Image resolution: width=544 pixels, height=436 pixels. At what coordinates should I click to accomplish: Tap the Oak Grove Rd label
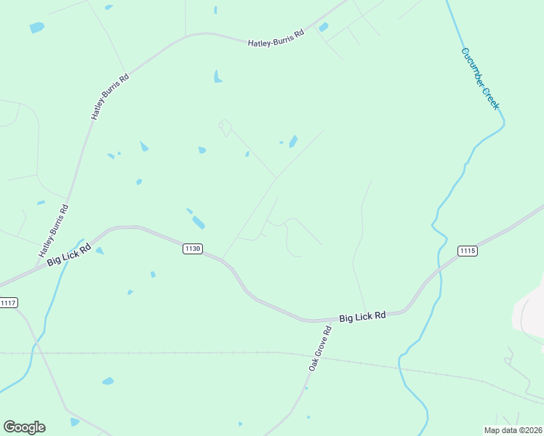[x=320, y=349]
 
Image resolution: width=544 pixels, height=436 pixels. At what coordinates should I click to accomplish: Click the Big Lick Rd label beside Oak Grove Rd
[x=361, y=318]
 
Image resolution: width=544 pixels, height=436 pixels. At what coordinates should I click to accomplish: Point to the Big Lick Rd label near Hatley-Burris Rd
[x=69, y=254]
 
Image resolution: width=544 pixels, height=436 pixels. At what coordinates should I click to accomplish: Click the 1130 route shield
[x=192, y=249]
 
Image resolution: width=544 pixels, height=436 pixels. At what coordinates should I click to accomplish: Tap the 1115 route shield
[x=467, y=251]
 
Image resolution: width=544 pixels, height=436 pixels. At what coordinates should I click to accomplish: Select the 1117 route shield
[x=8, y=302]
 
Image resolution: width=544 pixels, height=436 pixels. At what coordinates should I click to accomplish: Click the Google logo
[x=24, y=427]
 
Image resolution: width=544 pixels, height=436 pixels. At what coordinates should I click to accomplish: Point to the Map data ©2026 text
[x=512, y=429]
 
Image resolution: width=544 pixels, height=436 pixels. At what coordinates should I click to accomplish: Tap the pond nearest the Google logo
[x=74, y=421]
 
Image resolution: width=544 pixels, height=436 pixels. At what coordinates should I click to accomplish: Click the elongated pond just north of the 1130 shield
[x=198, y=222]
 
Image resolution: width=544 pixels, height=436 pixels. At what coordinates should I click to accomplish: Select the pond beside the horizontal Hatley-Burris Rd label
[x=323, y=28]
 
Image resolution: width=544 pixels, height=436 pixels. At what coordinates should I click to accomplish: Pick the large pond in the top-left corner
[x=36, y=28]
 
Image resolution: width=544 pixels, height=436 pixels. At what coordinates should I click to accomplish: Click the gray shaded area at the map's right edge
[x=529, y=311]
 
